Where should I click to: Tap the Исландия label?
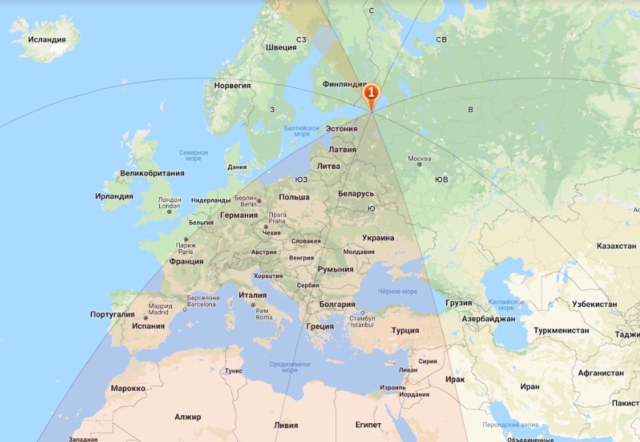47,39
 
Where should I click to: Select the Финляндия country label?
344,85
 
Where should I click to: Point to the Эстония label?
341,129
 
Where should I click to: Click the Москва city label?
419,159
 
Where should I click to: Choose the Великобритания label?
152,173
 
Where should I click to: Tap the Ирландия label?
114,196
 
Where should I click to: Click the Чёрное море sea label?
397,291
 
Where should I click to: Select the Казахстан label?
616,246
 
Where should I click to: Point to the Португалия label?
112,314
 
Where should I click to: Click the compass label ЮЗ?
301,179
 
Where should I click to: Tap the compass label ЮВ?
441,179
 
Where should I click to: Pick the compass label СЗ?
301,40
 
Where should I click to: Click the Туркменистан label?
561,330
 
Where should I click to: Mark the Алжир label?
187,417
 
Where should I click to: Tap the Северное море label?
194,155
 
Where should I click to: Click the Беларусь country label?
356,193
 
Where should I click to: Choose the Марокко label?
128,388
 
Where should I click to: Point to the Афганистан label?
601,373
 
